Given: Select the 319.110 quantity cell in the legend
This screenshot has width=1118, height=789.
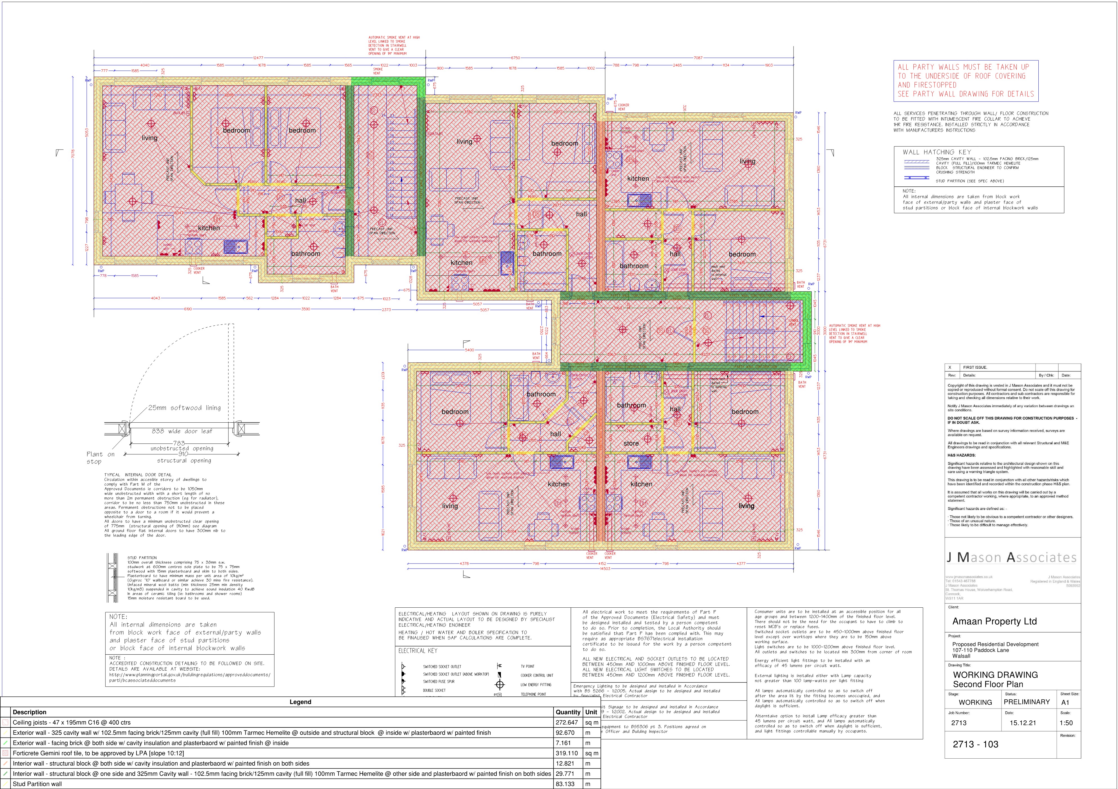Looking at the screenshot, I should [568, 753].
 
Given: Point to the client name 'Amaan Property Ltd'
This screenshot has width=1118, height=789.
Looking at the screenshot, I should [994, 621].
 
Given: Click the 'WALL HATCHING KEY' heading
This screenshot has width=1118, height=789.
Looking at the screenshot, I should [936, 152].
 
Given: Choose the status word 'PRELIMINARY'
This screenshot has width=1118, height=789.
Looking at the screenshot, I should [1027, 702].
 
